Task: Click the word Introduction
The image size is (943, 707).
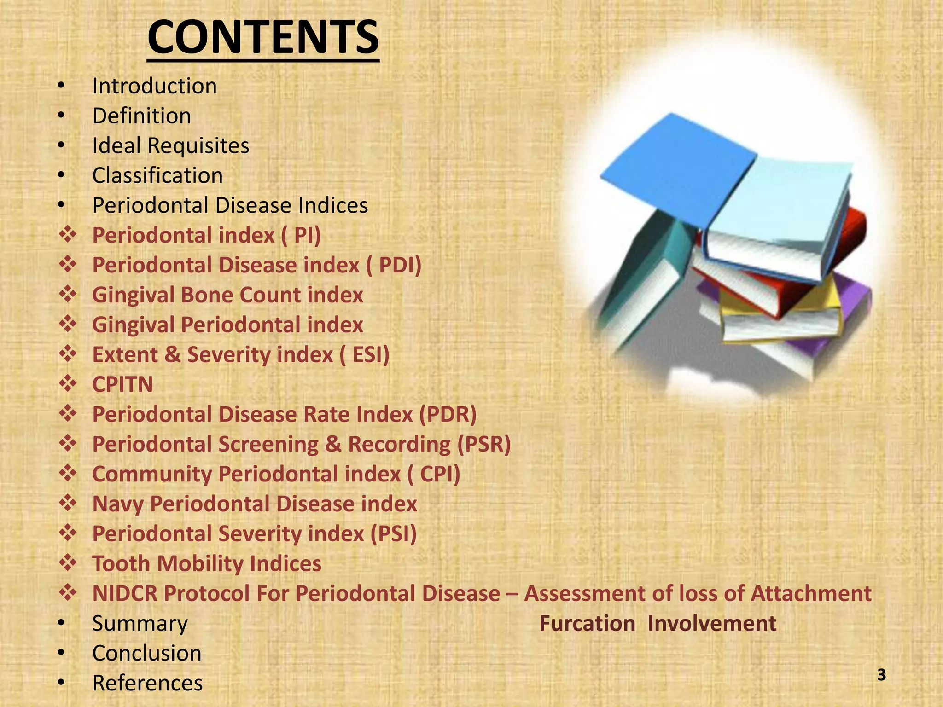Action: coord(154,86)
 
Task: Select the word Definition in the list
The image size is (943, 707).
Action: coord(141,116)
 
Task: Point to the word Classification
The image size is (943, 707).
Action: coord(157,176)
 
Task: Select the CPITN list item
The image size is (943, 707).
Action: coord(122,385)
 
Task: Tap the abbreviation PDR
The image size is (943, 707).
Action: coord(448,414)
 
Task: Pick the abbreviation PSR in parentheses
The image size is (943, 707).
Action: coord(483,444)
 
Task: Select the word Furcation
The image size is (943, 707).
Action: coord(587,624)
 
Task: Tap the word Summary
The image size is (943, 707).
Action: coord(140,624)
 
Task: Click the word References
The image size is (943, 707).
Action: coord(147,683)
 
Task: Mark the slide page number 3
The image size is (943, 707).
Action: coord(881,675)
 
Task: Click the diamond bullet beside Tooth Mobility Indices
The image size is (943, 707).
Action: coord(68,563)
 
